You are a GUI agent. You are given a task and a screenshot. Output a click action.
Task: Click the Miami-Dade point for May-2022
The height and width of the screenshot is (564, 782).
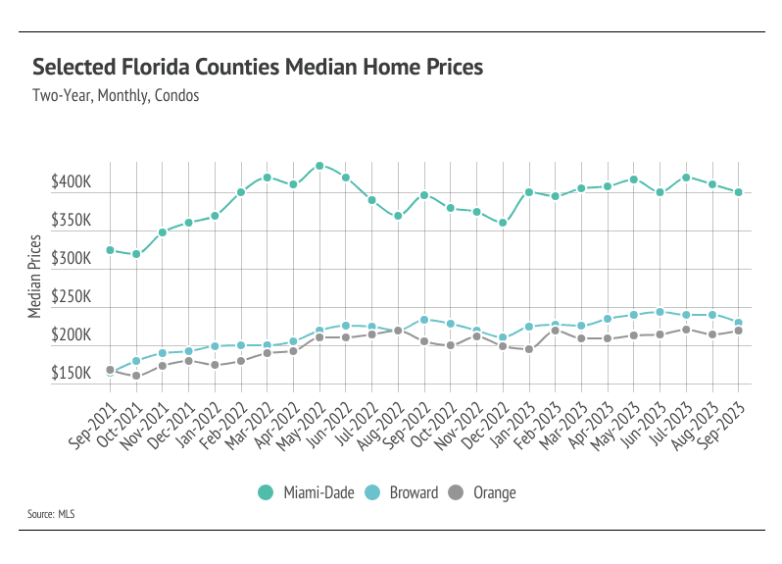pos(319,166)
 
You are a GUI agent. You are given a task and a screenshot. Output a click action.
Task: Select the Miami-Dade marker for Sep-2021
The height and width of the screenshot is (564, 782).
pos(110,250)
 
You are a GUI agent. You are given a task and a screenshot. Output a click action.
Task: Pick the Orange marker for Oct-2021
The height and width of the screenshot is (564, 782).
pos(136,376)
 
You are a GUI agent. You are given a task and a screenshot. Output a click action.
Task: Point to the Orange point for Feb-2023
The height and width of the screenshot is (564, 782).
pos(555,331)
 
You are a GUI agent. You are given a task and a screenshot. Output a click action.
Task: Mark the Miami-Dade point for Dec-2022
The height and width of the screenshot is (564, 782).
pos(503,223)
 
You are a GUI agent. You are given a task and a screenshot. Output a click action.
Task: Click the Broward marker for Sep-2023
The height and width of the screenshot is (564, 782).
pos(738,323)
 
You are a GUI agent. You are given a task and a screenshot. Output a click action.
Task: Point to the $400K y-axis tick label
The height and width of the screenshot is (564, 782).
pos(71,183)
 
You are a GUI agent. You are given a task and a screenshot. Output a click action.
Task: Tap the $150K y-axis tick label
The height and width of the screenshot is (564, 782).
pos(71,375)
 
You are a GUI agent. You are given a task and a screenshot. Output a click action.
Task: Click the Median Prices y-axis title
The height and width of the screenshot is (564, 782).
pos(35,276)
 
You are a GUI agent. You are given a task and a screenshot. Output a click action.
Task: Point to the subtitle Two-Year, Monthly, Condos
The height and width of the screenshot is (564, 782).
pos(116,96)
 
